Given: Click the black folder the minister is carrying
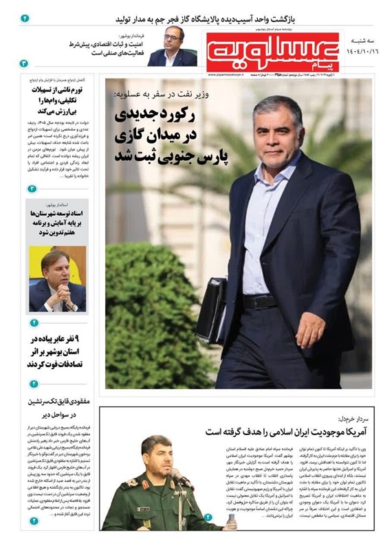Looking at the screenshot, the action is coord(211,310).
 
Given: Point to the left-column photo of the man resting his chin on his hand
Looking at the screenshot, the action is coord(58,280).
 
